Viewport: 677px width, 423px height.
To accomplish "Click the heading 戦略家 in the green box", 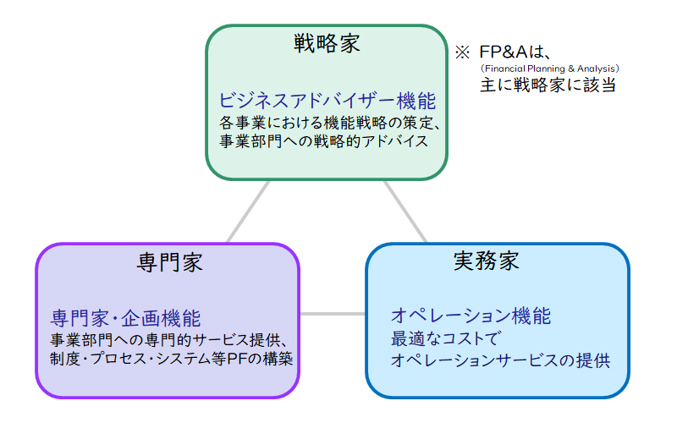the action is (x=327, y=44).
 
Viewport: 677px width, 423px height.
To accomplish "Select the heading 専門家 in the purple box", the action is (x=170, y=262).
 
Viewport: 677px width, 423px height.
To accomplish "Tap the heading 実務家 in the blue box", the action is (x=486, y=261).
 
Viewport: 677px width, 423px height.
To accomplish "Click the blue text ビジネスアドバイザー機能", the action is (x=327, y=101).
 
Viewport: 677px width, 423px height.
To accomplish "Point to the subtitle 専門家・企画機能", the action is (x=125, y=319).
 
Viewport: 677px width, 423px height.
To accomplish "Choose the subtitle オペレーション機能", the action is (x=471, y=316).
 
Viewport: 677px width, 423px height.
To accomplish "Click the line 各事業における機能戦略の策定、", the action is (x=330, y=123).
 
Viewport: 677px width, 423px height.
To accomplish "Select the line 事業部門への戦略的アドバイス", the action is (x=323, y=141).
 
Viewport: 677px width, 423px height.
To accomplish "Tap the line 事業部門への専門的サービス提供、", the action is (x=168, y=340).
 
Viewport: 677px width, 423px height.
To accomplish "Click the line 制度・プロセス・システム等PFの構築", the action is (x=172, y=359).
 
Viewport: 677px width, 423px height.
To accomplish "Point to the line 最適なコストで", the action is (x=446, y=338).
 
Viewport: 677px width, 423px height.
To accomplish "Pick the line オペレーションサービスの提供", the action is (x=500, y=360).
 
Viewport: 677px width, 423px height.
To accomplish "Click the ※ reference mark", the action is (x=462, y=52).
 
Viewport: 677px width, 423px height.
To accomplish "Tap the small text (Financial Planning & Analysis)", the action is (x=549, y=69).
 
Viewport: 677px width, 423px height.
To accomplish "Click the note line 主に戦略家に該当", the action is (x=548, y=85).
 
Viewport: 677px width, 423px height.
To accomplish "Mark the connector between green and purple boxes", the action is (x=248, y=211).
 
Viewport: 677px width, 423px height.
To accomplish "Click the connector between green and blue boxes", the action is (x=405, y=211).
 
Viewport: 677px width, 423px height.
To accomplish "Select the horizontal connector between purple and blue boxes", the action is (x=333, y=314).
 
